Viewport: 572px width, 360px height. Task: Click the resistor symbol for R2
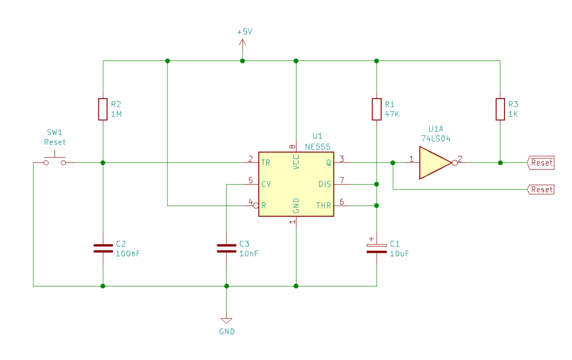click(x=103, y=109)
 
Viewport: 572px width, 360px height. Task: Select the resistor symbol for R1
click(x=377, y=109)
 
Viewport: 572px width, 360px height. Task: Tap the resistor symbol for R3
click(x=500, y=109)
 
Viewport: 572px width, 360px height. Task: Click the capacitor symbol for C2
click(x=103, y=248)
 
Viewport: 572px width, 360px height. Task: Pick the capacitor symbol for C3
click(x=226, y=248)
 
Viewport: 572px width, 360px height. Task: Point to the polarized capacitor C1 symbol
click(x=377, y=248)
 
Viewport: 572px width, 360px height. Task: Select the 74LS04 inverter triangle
click(x=435, y=163)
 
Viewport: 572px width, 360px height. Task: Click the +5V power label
click(x=244, y=32)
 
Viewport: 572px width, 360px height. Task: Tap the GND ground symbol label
click(x=227, y=332)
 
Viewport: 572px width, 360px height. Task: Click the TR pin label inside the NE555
click(x=266, y=163)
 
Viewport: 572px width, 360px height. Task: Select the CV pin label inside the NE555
click(x=266, y=184)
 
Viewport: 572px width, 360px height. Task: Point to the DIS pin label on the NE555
click(x=325, y=184)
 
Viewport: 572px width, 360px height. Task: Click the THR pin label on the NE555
click(x=323, y=205)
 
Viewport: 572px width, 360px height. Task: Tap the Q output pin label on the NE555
click(x=328, y=163)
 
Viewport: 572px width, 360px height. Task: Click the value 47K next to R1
click(x=393, y=114)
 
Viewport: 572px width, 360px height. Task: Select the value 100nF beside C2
click(x=127, y=253)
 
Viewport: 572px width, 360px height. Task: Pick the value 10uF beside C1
click(x=399, y=253)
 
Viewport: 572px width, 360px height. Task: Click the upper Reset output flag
click(x=541, y=163)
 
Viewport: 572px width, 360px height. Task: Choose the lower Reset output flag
click(x=541, y=190)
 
